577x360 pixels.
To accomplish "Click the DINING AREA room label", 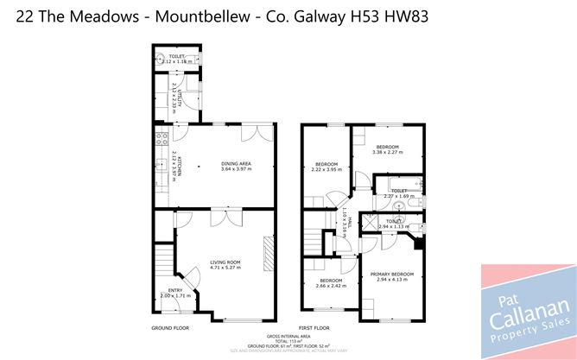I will pyautogui.click(x=225, y=163).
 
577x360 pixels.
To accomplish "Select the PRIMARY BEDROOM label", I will pyautogui.click(x=392, y=275).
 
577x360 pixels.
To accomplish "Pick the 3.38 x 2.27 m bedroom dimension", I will pyautogui.click(x=387, y=153).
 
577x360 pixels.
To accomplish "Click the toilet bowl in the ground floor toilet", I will pyautogui.click(x=162, y=59).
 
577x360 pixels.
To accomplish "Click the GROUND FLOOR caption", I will pyautogui.click(x=169, y=328).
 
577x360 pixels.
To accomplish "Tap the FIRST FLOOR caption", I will pyautogui.click(x=315, y=328).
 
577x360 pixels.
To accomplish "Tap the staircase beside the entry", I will pyautogui.click(x=164, y=259).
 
